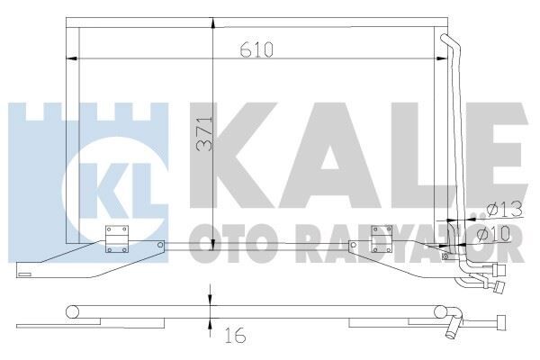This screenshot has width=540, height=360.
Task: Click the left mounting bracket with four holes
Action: coord(118,238)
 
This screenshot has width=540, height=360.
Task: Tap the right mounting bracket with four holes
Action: coord(383,238)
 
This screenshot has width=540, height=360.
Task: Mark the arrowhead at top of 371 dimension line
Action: coord(211,21)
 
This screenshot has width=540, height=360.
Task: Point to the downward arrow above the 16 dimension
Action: coord(211,297)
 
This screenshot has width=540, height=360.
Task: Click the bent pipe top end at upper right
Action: coord(446,37)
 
